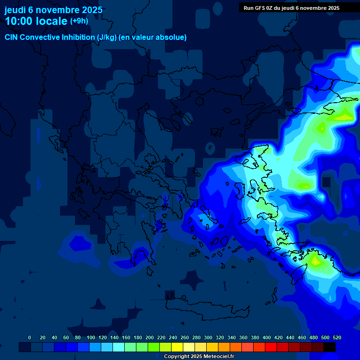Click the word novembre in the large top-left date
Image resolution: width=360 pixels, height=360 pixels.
(x=55, y=10)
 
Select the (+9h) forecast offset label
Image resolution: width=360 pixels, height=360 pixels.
(x=79, y=21)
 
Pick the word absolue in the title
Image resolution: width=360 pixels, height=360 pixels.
(x=172, y=37)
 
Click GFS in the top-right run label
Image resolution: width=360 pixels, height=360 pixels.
(x=262, y=8)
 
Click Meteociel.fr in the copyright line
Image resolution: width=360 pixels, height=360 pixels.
(x=218, y=356)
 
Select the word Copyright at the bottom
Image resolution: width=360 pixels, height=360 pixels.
(x=177, y=356)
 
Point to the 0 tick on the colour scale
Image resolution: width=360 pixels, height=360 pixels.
(x=30, y=337)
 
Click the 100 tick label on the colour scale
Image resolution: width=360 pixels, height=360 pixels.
(x=90, y=337)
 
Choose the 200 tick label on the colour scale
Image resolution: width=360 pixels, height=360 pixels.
(x=149, y=337)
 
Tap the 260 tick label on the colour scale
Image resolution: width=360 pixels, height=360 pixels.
(x=184, y=337)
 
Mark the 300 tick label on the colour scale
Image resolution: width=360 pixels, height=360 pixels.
(x=208, y=337)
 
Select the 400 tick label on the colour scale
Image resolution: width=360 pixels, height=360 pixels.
(x=266, y=337)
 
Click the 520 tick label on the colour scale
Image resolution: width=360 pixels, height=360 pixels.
(x=337, y=337)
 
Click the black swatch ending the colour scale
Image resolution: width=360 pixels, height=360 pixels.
(x=330, y=347)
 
